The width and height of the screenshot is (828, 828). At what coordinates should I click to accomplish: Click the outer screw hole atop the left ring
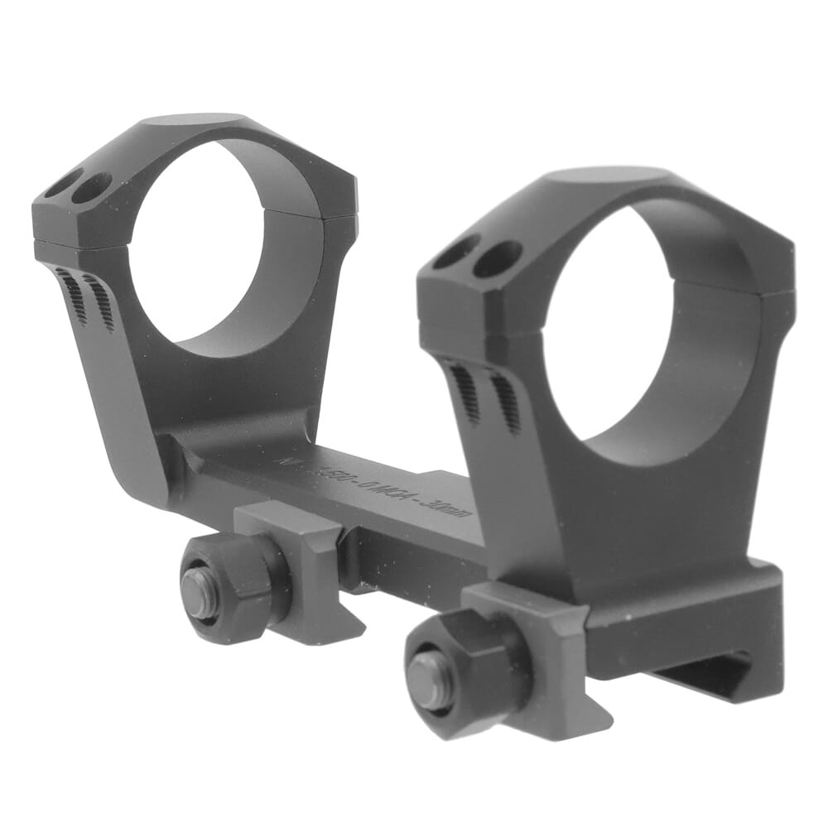tap(63, 184)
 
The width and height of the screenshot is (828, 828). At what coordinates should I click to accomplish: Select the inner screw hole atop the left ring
tap(91, 188)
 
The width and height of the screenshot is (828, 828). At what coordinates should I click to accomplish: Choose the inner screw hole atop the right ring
tap(497, 258)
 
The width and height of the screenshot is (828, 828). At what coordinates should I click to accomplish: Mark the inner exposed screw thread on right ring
tap(505, 402)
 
